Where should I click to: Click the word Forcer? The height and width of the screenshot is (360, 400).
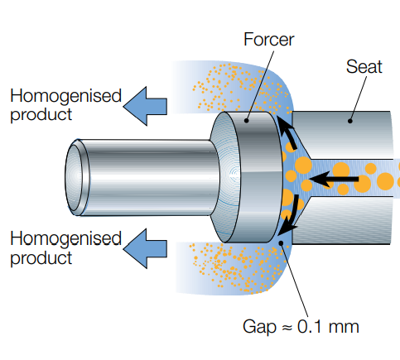click(x=269, y=40)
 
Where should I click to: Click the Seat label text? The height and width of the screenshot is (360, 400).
click(x=364, y=67)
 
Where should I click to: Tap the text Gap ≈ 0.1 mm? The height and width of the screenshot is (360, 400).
click(x=301, y=327)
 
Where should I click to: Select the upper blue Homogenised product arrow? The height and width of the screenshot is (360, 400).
click(x=145, y=106)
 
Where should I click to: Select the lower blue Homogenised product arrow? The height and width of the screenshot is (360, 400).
click(x=145, y=248)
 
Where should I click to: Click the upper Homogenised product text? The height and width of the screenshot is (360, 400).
click(x=65, y=105)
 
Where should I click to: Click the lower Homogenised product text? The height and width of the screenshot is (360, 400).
click(x=65, y=247)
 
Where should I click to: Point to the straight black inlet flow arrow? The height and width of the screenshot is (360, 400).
click(x=334, y=180)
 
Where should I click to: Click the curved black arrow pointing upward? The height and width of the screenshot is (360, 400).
click(x=287, y=132)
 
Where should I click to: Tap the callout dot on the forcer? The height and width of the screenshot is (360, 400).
click(x=247, y=121)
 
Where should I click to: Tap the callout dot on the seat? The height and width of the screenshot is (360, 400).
click(x=350, y=121)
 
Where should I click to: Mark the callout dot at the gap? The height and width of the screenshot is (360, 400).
click(x=281, y=243)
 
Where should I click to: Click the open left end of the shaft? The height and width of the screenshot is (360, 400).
click(x=77, y=177)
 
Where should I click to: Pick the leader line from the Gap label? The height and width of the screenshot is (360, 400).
click(x=295, y=281)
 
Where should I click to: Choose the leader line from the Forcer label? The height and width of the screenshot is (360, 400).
click(x=260, y=85)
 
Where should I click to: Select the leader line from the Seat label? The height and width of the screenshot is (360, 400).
click(x=359, y=98)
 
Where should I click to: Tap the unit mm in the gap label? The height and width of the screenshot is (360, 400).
click(x=344, y=328)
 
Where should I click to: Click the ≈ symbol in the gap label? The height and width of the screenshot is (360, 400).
click(x=287, y=328)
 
